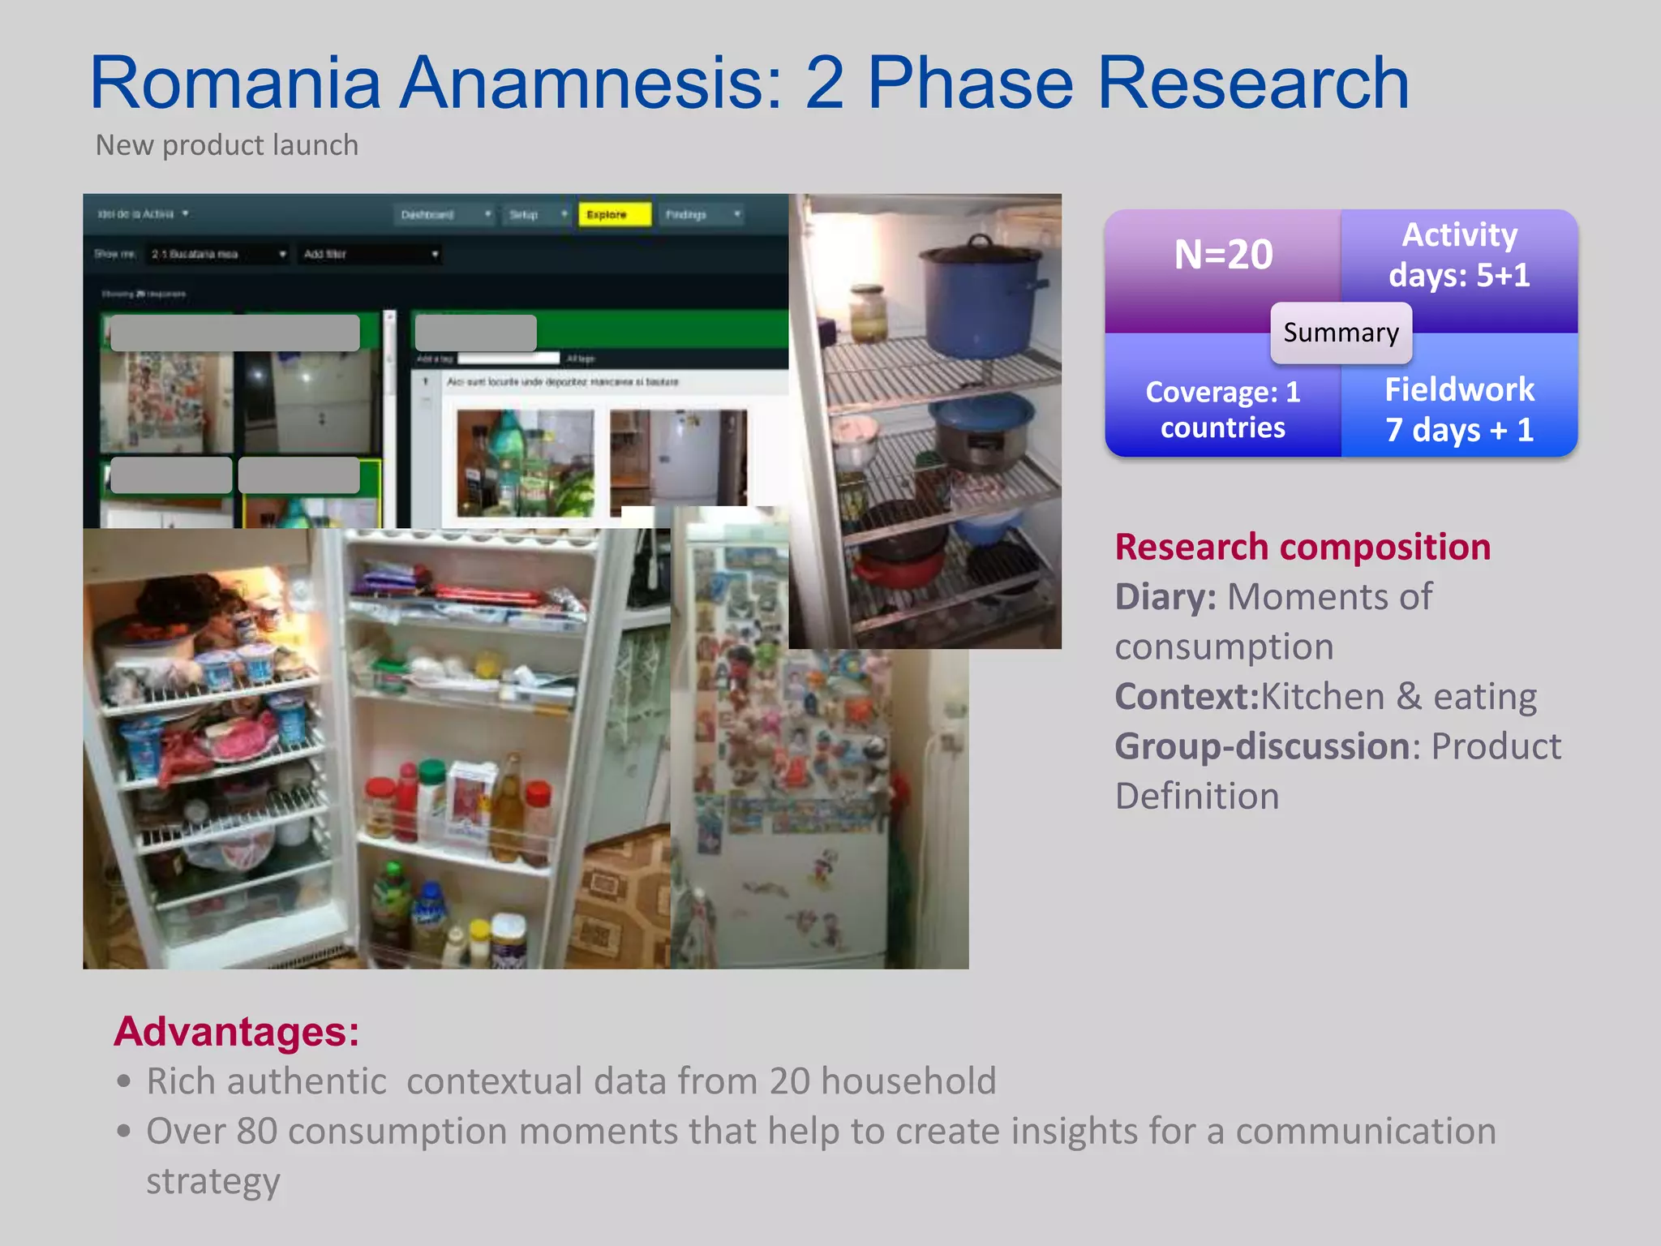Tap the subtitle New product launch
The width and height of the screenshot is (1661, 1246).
(226, 145)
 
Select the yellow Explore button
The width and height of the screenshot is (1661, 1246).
(614, 215)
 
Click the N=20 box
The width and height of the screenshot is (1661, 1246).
(1223, 255)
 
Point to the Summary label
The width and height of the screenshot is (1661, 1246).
(1341, 333)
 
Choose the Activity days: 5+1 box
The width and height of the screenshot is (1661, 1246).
(1459, 255)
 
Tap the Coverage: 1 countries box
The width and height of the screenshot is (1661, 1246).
(1223, 410)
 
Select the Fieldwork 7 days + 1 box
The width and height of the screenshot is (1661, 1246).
(1459, 410)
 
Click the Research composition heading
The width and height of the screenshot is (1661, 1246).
(1303, 547)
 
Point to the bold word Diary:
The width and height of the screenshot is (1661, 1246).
(1165, 597)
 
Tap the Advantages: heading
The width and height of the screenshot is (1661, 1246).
(236, 1032)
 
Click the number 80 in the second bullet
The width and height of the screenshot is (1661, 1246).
(257, 1131)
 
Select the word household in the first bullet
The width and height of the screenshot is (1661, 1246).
(908, 1081)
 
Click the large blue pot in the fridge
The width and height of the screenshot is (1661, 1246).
(981, 300)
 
